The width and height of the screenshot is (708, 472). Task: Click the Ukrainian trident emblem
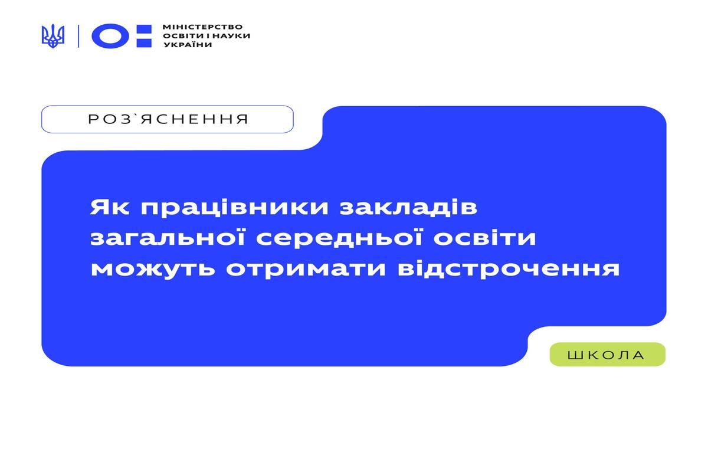(53, 36)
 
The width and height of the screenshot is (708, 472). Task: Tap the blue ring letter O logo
(110, 36)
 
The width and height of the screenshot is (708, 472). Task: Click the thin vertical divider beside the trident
(78, 36)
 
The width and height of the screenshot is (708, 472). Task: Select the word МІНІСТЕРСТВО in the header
(202, 27)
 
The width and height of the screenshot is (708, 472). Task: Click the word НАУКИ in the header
(231, 36)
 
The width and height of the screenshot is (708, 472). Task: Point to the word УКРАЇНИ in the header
(188, 45)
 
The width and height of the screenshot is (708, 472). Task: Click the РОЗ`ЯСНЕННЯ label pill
(168, 119)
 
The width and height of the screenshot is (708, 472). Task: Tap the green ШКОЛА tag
(608, 355)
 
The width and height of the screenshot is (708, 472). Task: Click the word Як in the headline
(110, 208)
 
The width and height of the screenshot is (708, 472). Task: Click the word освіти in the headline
(484, 237)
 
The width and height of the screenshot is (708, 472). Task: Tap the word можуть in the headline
(153, 270)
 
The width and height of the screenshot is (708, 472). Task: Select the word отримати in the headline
(306, 270)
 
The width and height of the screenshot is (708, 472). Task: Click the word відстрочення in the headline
(509, 269)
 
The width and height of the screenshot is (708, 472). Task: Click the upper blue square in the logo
(144, 29)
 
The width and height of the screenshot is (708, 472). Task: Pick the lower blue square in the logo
(144, 43)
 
